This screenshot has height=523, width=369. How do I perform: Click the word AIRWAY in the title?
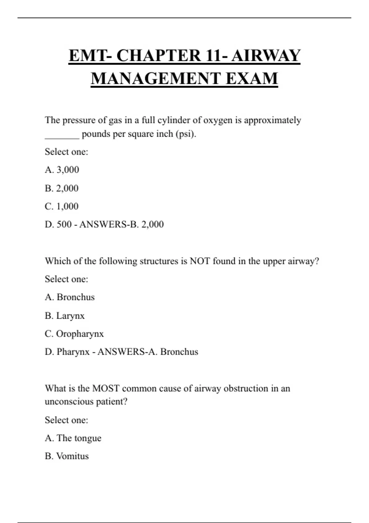click(266, 56)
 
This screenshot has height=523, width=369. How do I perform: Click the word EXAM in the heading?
click(252, 78)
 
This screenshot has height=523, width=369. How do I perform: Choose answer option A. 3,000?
click(62, 170)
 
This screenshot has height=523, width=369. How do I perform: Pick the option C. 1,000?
click(61, 206)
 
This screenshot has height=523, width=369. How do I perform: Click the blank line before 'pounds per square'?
click(62, 137)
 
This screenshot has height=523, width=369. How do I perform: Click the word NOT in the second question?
click(200, 261)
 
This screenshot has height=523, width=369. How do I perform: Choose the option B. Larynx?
click(65, 316)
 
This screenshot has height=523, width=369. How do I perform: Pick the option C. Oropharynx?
click(74, 334)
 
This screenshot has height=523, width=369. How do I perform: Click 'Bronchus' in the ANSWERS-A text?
click(179, 352)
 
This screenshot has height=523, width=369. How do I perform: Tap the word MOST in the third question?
click(106, 388)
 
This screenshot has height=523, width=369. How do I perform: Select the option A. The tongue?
click(73, 438)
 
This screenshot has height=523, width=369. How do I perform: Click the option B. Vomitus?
click(67, 456)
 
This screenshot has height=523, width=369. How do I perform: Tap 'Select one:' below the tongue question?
click(66, 420)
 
